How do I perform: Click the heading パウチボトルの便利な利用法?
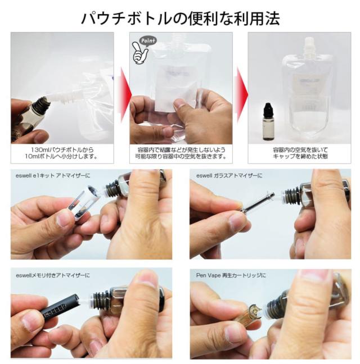pos(180,19)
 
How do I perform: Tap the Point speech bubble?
pos(148,41)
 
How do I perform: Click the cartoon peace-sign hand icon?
pos(139,52)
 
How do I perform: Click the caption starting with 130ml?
pos(62,153)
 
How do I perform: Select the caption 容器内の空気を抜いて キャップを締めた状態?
pos(300,153)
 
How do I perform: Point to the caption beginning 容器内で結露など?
pos(181,153)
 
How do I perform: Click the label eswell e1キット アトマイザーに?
pos(53,176)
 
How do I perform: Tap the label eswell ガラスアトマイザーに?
pos(229,176)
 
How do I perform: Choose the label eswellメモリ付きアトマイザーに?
pos(53,275)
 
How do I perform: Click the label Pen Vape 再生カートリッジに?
pos(231,275)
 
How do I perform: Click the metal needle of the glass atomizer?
pos(258,203)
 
